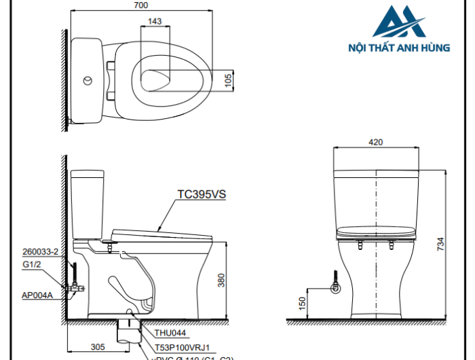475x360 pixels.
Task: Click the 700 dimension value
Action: point(140,5)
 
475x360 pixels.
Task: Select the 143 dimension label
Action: point(154,22)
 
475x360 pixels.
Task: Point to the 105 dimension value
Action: point(229,80)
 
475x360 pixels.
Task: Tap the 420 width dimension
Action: point(376,142)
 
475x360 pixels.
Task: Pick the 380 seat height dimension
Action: point(221,279)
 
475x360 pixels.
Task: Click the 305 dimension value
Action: point(97,346)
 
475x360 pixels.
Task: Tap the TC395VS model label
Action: point(201,194)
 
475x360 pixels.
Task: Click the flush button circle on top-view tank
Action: point(86,81)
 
